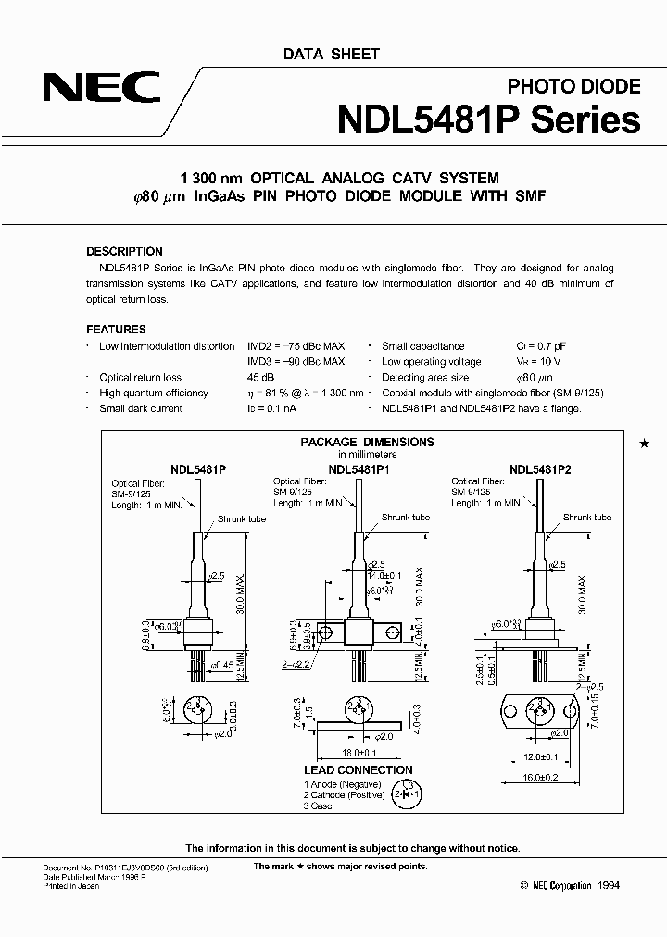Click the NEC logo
102,89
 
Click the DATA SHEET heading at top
331,54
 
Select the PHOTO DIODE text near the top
573,86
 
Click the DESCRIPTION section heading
124,251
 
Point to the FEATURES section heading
116,329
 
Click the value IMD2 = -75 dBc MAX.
297,346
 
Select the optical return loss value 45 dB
260,378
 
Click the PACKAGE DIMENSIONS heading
367,442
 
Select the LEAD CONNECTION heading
358,770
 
